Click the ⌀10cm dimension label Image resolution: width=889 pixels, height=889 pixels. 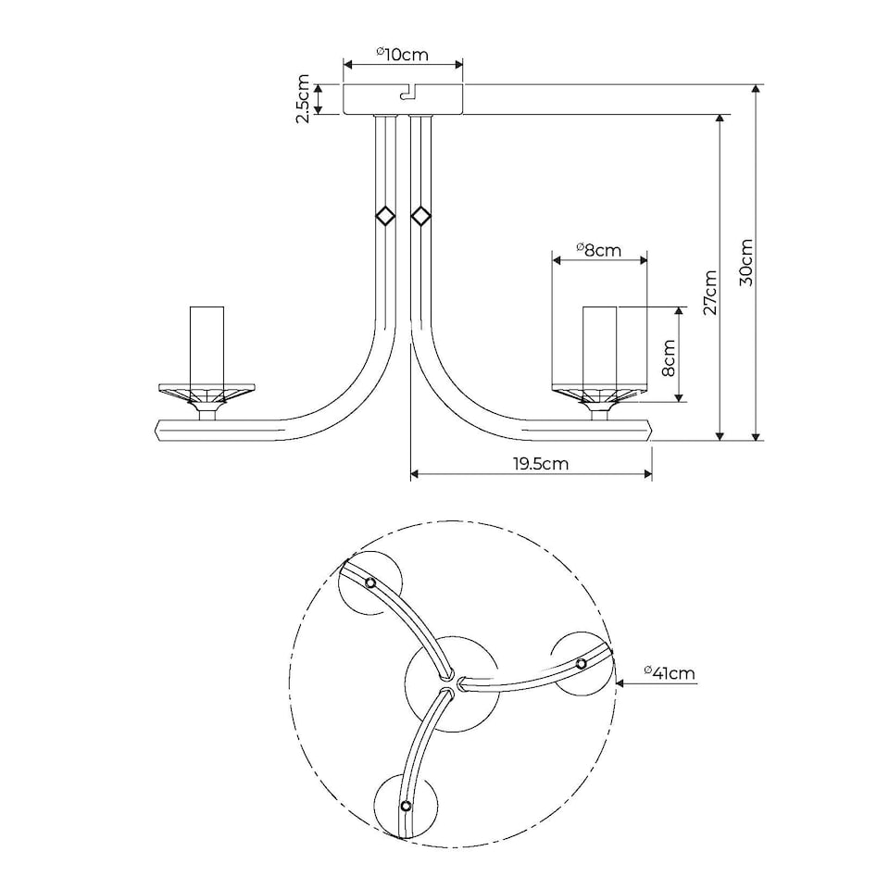[x=403, y=54]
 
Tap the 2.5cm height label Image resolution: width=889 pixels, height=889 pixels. [x=303, y=99]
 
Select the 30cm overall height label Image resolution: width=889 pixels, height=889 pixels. [x=746, y=262]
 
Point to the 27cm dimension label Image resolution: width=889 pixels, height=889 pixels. [x=710, y=293]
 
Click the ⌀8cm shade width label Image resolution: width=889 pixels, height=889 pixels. [x=598, y=249]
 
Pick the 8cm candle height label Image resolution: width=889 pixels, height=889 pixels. [x=670, y=357]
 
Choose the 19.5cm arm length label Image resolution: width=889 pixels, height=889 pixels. [x=541, y=464]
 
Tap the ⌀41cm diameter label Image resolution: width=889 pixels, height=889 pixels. [x=669, y=673]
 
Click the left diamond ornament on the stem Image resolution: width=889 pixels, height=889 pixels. [x=385, y=217]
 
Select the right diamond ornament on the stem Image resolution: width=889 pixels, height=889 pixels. [x=421, y=217]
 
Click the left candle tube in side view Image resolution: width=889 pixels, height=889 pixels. [x=207, y=347]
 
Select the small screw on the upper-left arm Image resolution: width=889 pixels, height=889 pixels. [x=370, y=582]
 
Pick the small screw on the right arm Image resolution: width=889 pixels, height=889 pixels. [x=582, y=663]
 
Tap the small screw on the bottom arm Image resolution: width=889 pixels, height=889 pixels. [x=406, y=806]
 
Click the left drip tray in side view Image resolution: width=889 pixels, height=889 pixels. [x=207, y=391]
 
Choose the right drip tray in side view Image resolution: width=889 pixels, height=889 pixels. [x=599, y=392]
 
